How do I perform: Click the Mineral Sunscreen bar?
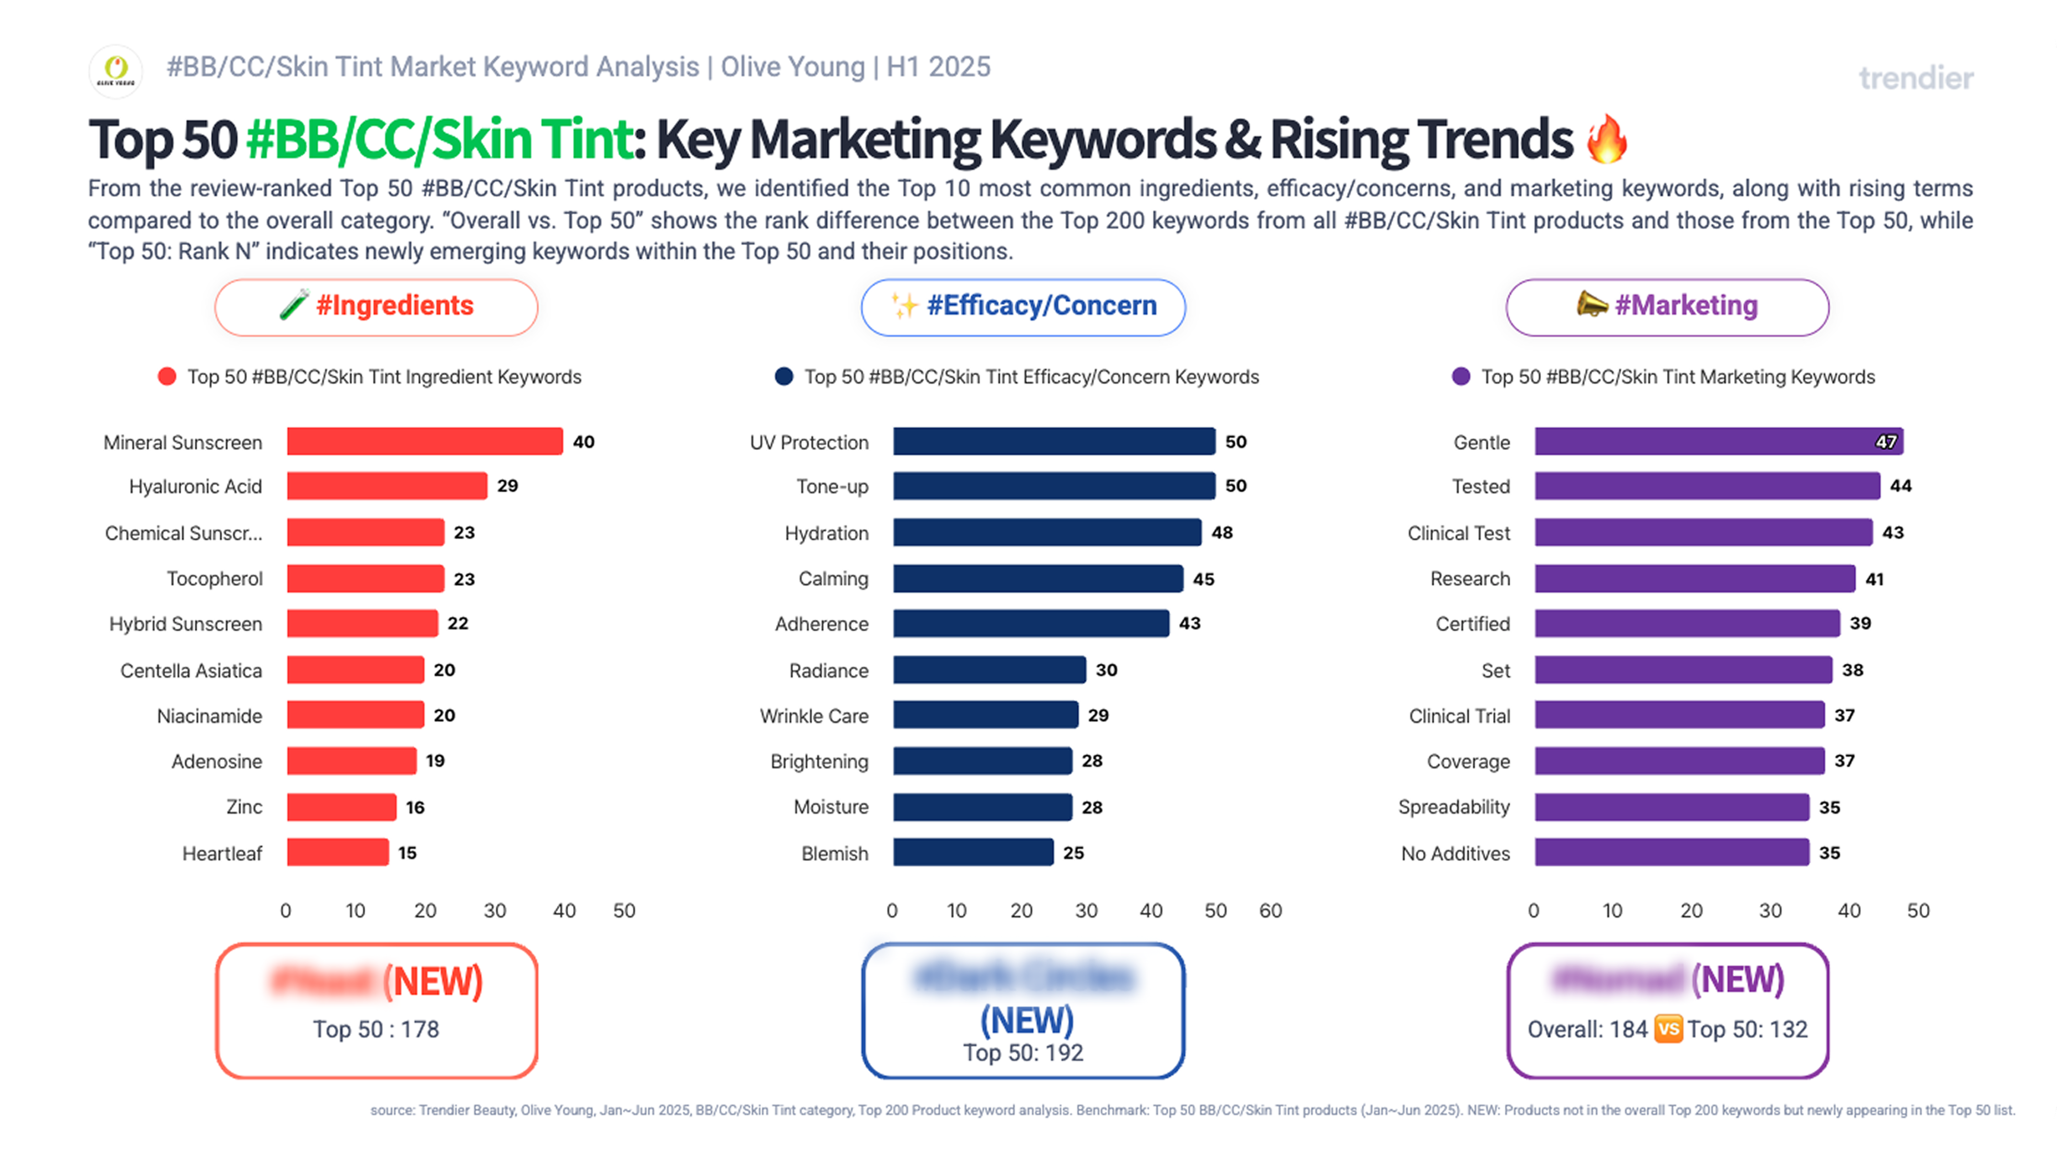point(425,442)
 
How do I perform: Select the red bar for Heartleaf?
point(338,852)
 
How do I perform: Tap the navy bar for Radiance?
point(989,670)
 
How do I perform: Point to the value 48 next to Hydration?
point(1222,532)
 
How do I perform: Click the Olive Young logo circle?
point(116,71)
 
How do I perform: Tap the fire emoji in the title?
point(1607,139)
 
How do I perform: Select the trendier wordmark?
point(1916,78)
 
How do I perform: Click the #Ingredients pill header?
point(376,307)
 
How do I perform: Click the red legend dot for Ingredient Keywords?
point(167,377)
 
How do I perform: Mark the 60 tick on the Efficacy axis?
point(1270,911)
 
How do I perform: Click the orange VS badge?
point(1668,1029)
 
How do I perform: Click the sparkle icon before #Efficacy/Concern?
point(905,305)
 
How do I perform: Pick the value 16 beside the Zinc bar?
point(415,807)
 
